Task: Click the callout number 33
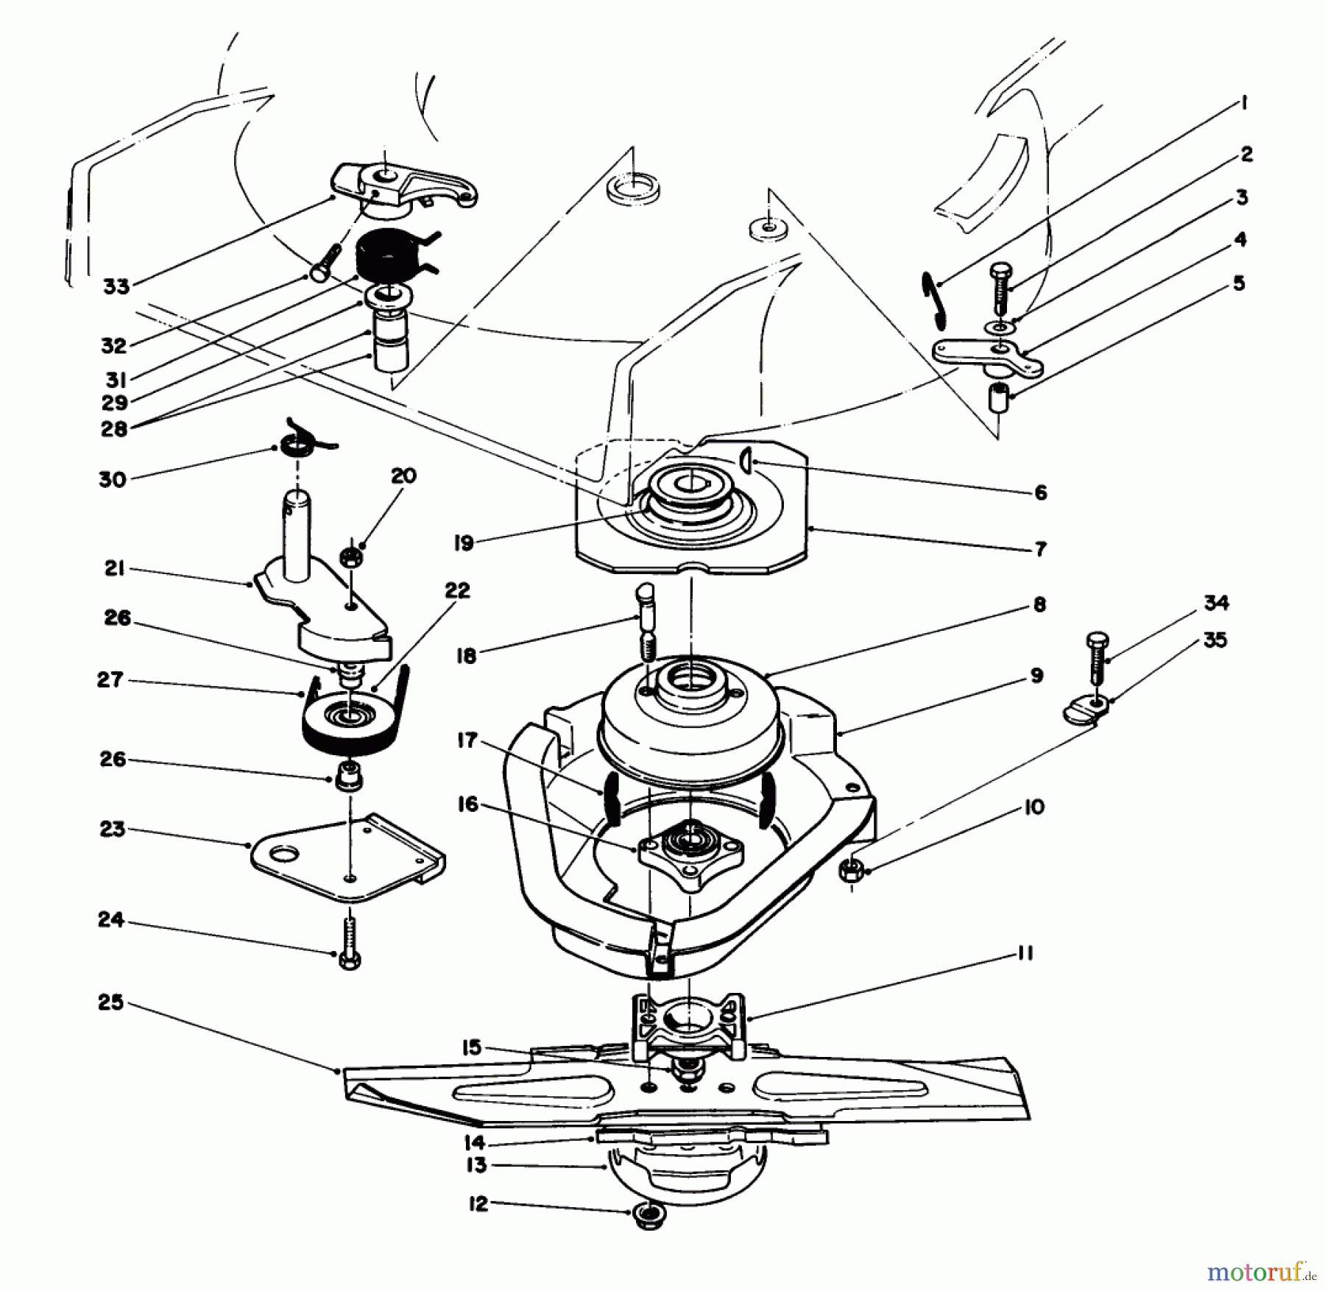(116, 286)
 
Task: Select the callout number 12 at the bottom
(478, 1204)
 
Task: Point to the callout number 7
(1039, 548)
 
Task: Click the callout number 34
(1215, 603)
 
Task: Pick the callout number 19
(464, 543)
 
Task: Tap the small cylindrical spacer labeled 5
(997, 397)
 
